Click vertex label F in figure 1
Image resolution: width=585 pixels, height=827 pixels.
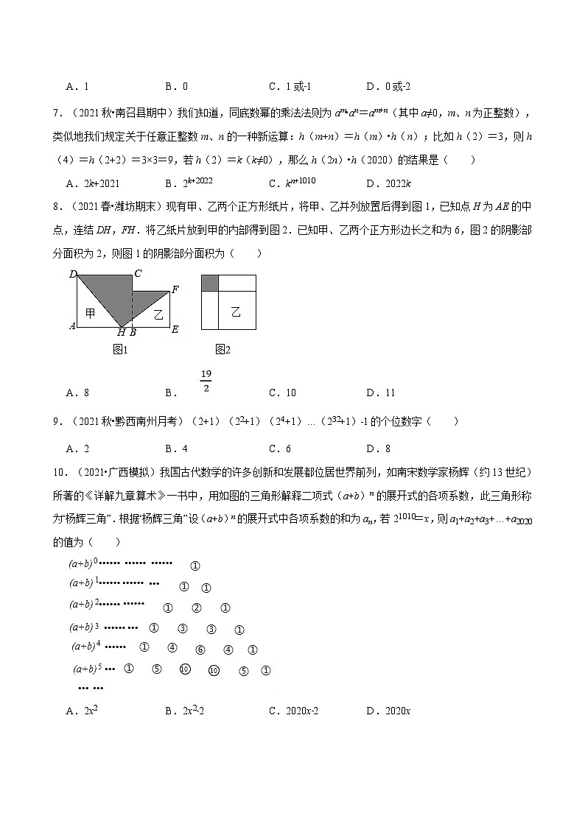(x=175, y=289)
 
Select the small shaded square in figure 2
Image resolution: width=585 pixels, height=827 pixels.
(x=209, y=283)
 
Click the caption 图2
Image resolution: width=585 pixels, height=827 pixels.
(x=223, y=350)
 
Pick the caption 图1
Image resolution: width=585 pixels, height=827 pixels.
(x=120, y=350)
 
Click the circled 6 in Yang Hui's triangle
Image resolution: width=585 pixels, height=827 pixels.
(x=200, y=650)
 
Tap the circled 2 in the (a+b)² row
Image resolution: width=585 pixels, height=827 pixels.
(x=196, y=608)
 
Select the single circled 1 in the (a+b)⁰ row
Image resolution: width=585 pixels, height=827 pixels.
(x=195, y=566)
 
